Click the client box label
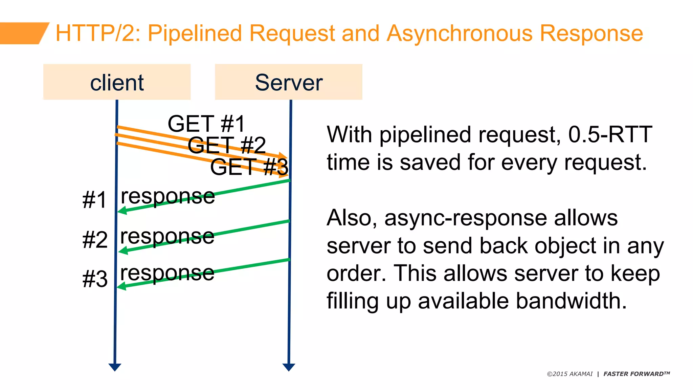point(117,83)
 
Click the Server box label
point(289,83)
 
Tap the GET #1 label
point(206,124)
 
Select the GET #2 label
point(227,145)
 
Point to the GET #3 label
point(249,167)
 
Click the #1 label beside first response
point(94,200)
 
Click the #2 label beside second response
point(95,240)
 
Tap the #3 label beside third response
point(95,279)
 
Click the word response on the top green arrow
point(168,196)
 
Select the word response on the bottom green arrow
point(167,273)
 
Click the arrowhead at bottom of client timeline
point(115,367)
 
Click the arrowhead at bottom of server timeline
point(289,367)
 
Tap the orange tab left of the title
point(22,33)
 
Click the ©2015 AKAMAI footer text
point(570,374)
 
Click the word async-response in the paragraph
point(466,218)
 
